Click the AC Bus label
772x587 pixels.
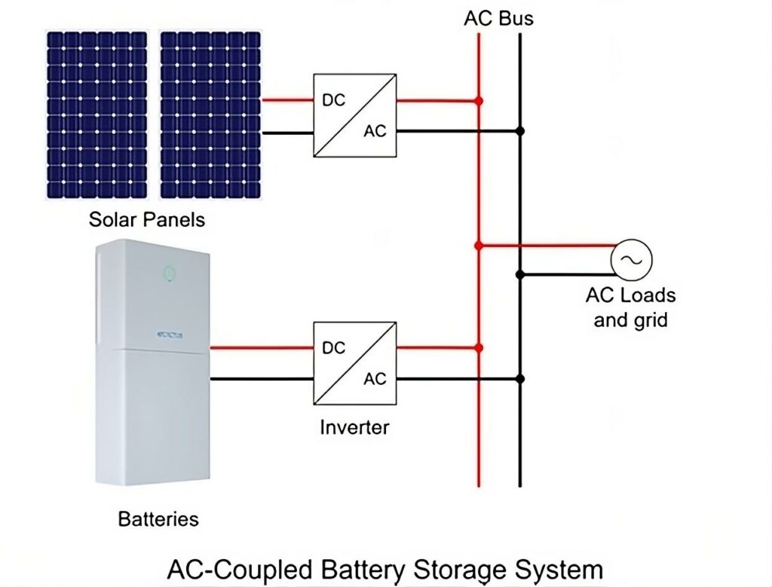498,17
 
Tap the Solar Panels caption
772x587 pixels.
147,220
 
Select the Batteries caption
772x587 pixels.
158,519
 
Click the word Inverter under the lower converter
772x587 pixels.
354,428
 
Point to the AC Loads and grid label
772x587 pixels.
630,307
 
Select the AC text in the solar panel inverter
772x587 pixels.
375,131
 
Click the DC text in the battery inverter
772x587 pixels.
333,348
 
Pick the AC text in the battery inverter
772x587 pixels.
375,378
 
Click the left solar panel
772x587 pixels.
96,115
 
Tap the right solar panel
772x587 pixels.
210,115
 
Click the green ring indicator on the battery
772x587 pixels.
170,271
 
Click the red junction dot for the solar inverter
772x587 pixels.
479,100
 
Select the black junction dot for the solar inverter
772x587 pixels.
519,131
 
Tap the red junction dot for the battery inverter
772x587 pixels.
479,348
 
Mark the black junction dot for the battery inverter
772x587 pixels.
519,378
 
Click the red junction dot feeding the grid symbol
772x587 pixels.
479,245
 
